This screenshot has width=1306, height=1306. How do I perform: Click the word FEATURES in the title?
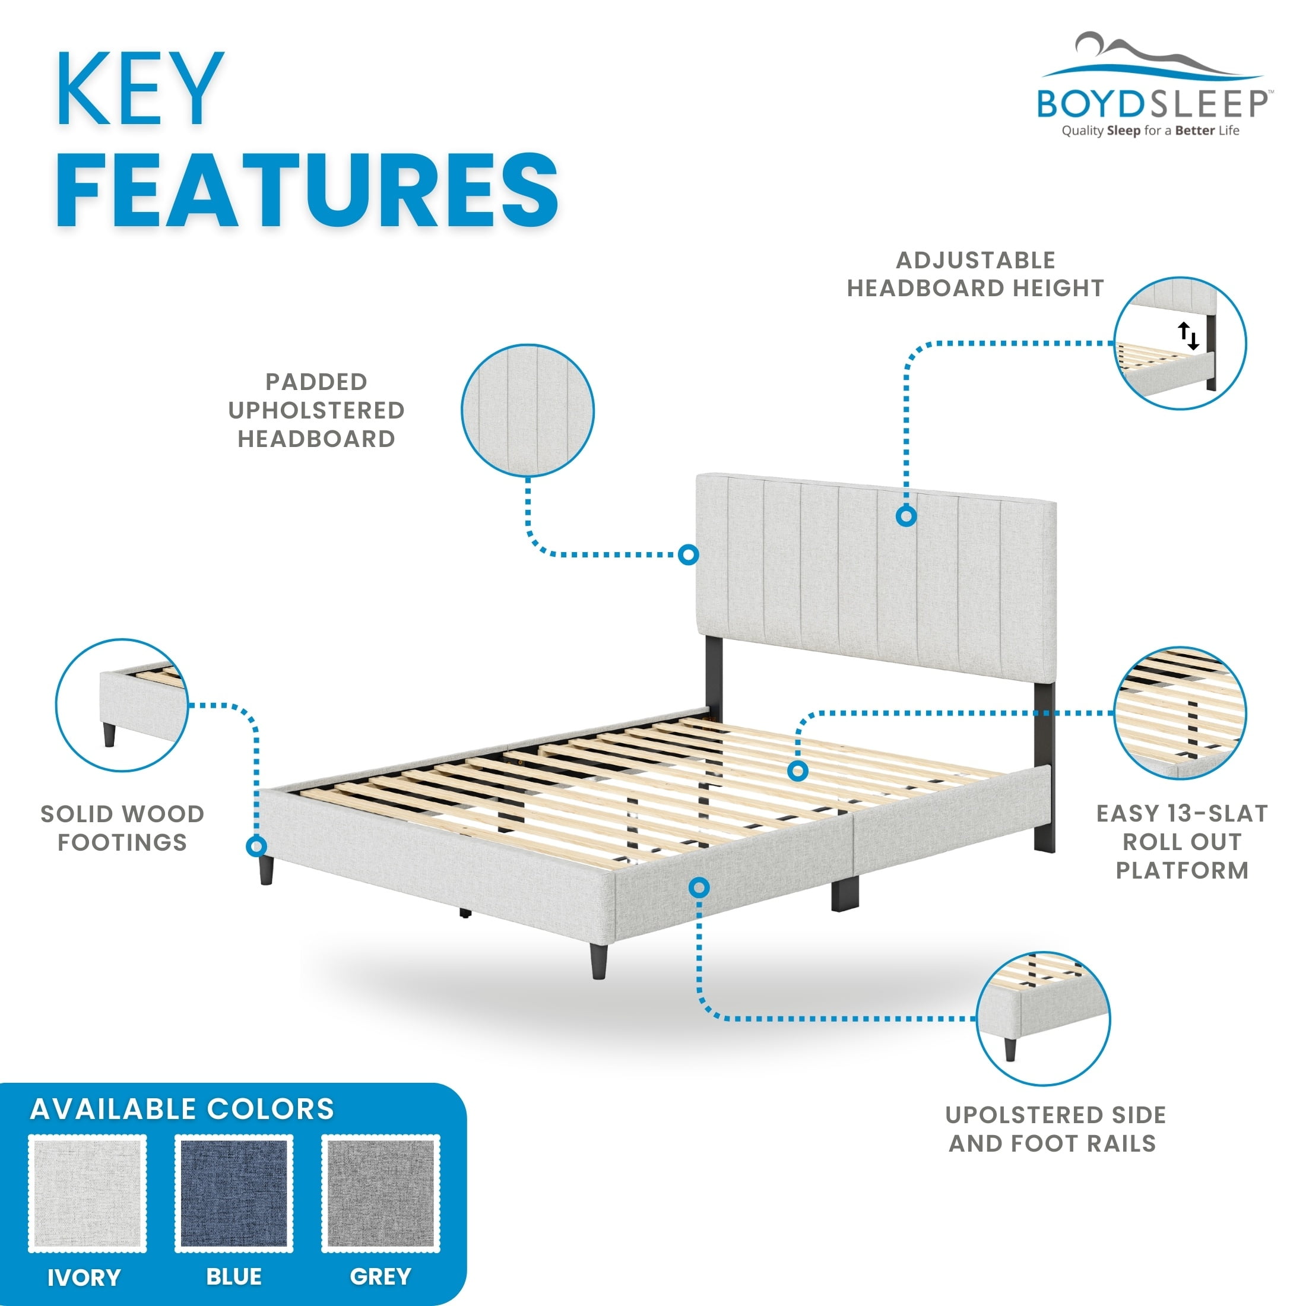(x=308, y=190)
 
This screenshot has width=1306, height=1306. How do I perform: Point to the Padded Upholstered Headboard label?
(x=316, y=410)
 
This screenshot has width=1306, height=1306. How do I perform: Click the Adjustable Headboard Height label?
(x=975, y=274)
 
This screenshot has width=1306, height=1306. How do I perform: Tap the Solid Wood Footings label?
(x=122, y=828)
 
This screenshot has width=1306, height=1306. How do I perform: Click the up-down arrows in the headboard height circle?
(x=1188, y=335)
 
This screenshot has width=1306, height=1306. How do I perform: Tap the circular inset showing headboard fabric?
(x=528, y=410)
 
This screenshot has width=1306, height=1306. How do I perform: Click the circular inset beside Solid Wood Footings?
(x=122, y=705)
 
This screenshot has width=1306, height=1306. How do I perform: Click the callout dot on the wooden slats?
(x=798, y=771)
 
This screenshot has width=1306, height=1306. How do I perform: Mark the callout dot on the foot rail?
(x=700, y=887)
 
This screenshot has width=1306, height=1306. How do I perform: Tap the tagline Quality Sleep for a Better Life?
(x=1150, y=131)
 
